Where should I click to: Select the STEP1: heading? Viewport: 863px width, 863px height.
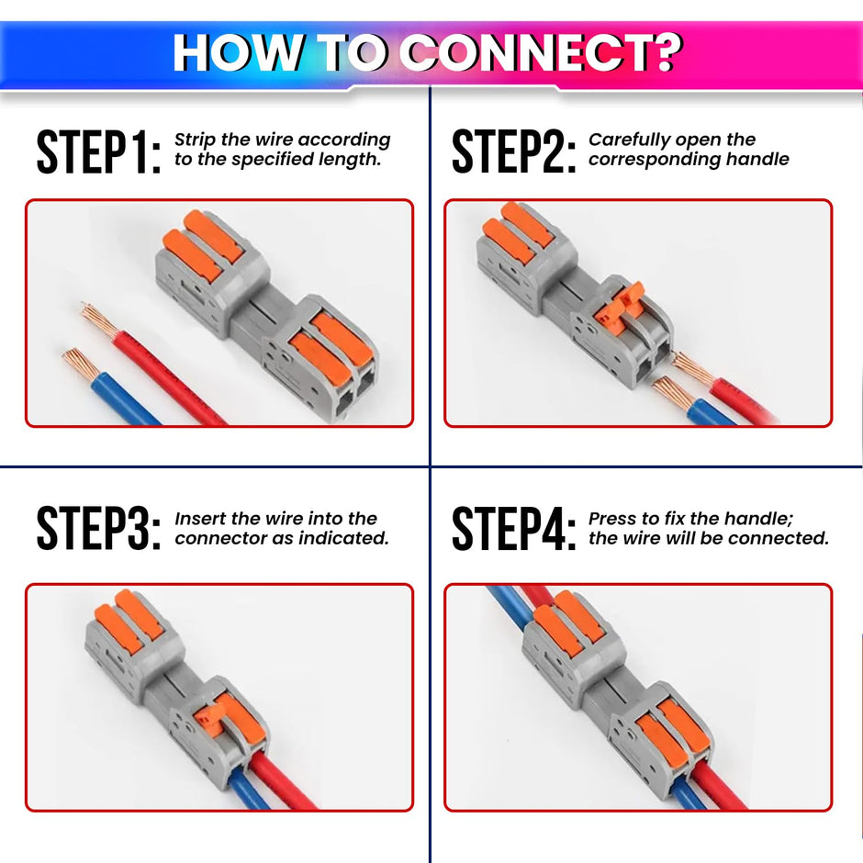coord(98,152)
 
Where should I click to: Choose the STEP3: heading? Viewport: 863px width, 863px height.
coord(98,529)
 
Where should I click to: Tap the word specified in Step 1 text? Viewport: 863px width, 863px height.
coord(277,160)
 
